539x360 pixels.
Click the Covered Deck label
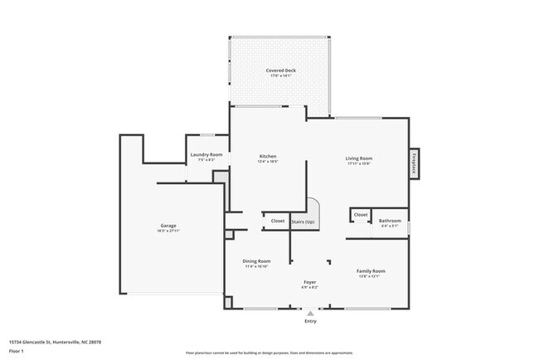(x=280, y=71)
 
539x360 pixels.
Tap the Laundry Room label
(x=206, y=155)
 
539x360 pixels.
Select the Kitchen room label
(x=267, y=156)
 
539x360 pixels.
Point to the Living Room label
(x=358, y=158)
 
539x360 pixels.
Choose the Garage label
(x=168, y=225)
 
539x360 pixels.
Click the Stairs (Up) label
(x=303, y=221)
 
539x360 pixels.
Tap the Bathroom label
(x=390, y=221)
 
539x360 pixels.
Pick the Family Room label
(x=370, y=271)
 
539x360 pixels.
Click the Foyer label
(x=310, y=282)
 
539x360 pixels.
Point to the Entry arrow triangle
(x=310, y=314)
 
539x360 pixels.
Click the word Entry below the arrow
(x=310, y=321)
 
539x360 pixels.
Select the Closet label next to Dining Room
(x=277, y=221)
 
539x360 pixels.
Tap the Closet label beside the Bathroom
(x=361, y=215)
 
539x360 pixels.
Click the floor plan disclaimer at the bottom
(x=269, y=352)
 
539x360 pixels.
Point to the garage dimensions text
(x=168, y=231)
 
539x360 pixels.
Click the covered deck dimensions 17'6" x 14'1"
(x=280, y=76)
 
